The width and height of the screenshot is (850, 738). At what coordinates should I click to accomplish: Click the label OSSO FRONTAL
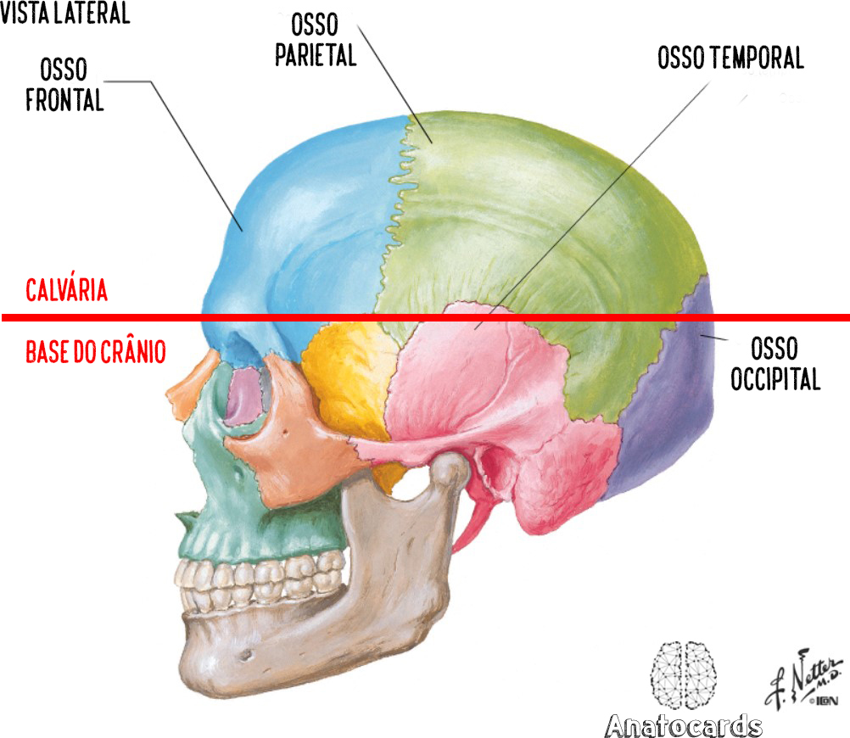click(64, 85)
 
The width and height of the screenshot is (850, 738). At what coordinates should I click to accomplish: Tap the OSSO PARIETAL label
click(316, 40)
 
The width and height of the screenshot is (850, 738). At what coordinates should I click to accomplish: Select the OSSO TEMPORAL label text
click(730, 58)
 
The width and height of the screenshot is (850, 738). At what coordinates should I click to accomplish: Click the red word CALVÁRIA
click(66, 291)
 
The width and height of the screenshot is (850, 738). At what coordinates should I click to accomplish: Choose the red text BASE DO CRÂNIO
click(95, 352)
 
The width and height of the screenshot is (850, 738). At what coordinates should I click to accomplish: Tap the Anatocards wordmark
click(683, 725)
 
